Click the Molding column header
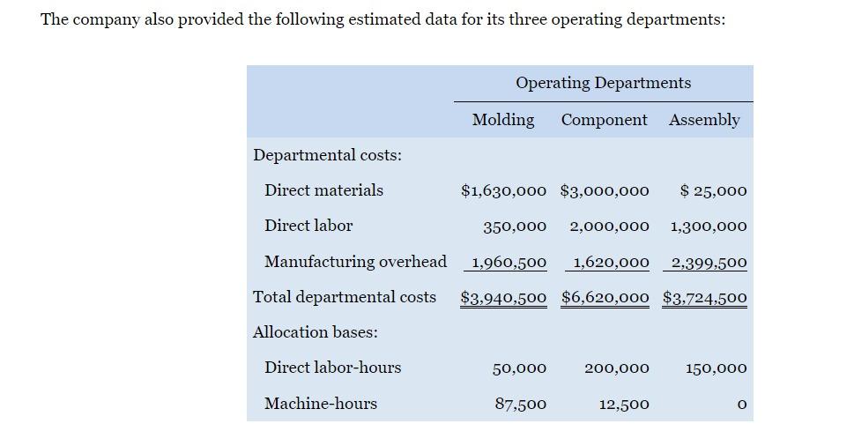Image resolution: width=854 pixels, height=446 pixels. [503, 120]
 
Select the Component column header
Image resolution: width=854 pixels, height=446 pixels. [604, 120]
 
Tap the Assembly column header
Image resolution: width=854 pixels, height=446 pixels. [704, 120]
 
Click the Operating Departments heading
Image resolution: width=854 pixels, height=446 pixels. [603, 83]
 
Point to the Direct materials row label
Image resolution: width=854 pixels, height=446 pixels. [323, 190]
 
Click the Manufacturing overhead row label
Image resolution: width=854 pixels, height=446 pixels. [355, 262]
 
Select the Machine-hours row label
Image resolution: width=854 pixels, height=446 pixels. [321, 404]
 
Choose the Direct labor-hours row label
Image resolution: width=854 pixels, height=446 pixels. [332, 368]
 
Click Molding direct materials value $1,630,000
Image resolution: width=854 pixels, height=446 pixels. [503, 190]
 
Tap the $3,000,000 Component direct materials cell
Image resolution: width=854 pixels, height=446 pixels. [605, 190]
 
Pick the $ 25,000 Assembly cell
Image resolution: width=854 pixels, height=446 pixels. [714, 190]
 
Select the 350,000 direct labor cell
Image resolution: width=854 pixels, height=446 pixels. [515, 227]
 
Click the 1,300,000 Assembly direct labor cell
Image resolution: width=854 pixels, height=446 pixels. [709, 227]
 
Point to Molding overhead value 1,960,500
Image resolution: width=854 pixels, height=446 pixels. [509, 263]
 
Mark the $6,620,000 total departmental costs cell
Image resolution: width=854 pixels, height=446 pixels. [605, 298]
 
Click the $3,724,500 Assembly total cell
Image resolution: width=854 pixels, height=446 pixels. [705, 298]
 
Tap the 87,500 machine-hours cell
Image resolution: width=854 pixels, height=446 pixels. [519, 405]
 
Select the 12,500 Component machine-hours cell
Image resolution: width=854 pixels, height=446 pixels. [624, 405]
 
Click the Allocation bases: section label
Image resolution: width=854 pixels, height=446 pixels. [315, 332]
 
